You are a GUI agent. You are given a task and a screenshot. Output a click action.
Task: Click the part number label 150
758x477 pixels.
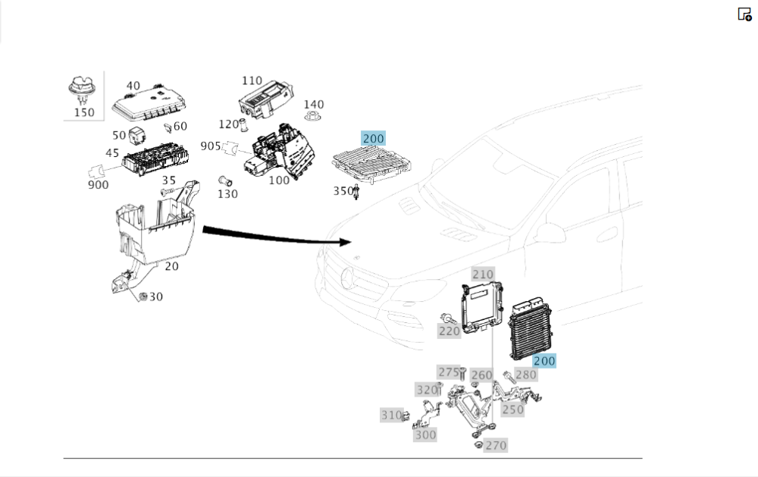coord(83,112)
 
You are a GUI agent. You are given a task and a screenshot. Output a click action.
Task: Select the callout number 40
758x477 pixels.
coord(133,86)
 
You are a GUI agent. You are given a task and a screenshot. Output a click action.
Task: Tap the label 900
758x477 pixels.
coord(98,184)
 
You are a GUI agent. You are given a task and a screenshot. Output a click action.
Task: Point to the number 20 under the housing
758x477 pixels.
coord(172,267)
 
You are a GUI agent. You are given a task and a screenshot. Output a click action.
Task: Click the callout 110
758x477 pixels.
coord(252,80)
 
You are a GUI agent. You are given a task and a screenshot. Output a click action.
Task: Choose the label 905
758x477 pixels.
coord(211,146)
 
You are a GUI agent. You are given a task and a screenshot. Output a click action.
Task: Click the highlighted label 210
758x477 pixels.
coord(483,274)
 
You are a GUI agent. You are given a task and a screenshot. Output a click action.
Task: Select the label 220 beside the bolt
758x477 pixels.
coord(449,331)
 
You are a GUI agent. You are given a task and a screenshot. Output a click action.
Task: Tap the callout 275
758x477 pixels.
coord(449,372)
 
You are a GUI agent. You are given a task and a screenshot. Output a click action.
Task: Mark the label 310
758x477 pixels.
coord(391,415)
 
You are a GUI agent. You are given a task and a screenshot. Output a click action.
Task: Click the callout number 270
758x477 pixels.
coord(496,445)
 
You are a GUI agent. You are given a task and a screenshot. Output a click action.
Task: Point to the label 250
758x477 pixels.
coord(513,410)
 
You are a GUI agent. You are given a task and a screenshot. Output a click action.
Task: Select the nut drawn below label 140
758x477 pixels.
coord(312,118)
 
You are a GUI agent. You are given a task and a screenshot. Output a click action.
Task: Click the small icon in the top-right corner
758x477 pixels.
coord(744,14)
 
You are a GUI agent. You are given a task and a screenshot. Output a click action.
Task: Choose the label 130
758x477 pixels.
coord(227,193)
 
